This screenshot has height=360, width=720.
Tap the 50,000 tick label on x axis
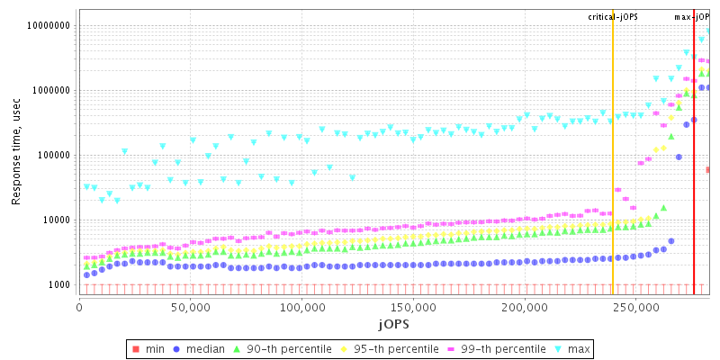click(x=191, y=308)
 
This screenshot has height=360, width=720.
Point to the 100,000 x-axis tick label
click(x=301, y=308)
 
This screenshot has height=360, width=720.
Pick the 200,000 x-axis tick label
click(x=524, y=308)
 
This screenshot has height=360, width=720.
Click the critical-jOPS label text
click(x=613, y=17)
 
